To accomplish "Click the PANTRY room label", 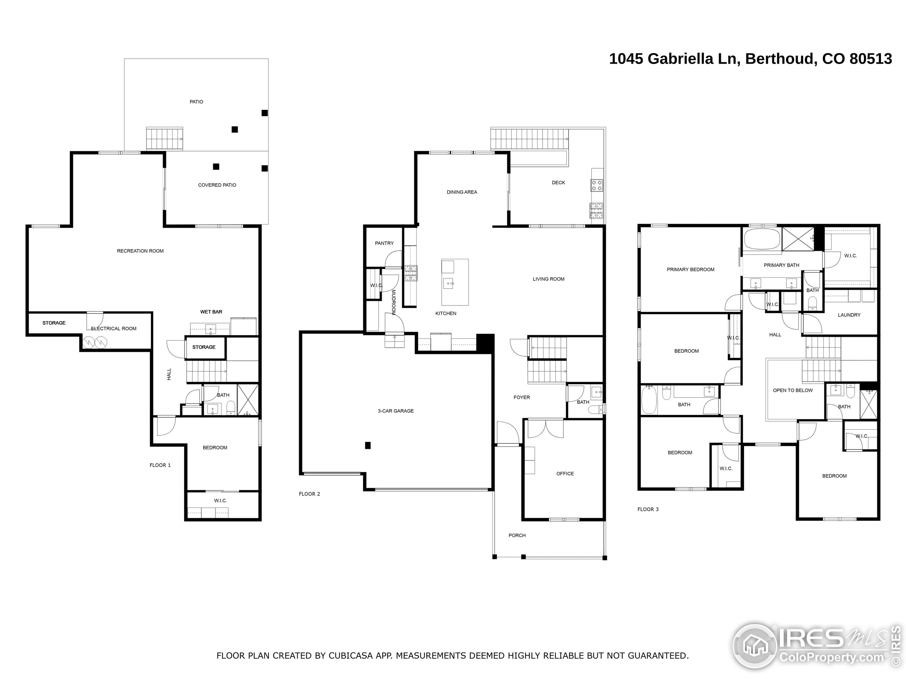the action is [x=384, y=243].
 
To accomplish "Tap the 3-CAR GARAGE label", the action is [x=396, y=411].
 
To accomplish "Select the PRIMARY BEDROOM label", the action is [x=690, y=269].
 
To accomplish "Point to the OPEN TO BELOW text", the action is [x=792, y=390].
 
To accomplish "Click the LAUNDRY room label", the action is [x=849, y=315].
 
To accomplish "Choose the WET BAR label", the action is [x=211, y=312].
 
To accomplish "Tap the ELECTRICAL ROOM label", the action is [x=114, y=328].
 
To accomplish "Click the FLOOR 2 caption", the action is [x=309, y=494].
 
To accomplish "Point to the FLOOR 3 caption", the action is [x=648, y=509].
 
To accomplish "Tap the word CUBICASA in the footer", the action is [x=350, y=656].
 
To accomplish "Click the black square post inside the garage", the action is [x=368, y=445].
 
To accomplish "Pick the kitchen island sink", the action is [x=448, y=283].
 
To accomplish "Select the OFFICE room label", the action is [x=565, y=474].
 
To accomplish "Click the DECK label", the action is [x=558, y=182].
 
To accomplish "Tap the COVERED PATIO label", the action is [x=217, y=185].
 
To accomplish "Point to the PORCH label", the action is [x=517, y=535].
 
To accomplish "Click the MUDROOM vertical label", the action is [x=393, y=302].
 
